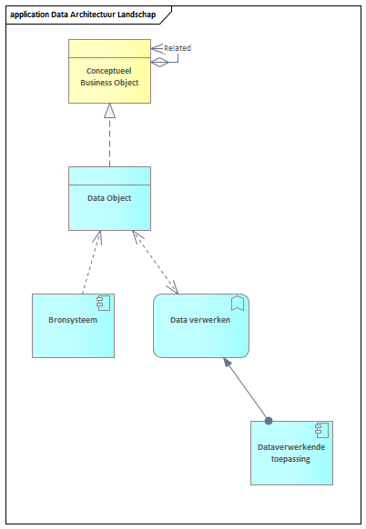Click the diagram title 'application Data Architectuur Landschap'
[83, 15]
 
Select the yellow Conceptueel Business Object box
[109, 71]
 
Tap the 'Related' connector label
[178, 48]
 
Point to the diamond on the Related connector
[159, 63]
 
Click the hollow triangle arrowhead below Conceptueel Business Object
[109, 111]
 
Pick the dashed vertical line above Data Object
[109, 143]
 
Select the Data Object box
[109, 198]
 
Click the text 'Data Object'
[109, 198]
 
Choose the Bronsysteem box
[74, 325]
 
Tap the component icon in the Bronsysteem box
[104, 303]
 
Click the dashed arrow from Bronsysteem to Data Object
[92, 262]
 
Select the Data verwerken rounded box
[201, 325]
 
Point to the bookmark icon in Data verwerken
[238, 303]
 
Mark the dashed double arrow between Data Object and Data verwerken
[155, 262]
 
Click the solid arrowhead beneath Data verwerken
[227, 363]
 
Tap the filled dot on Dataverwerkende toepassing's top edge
[269, 421]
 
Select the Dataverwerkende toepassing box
[291, 453]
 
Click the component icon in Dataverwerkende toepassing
[321, 430]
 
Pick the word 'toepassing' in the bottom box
[290, 459]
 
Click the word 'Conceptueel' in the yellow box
[109, 71]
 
